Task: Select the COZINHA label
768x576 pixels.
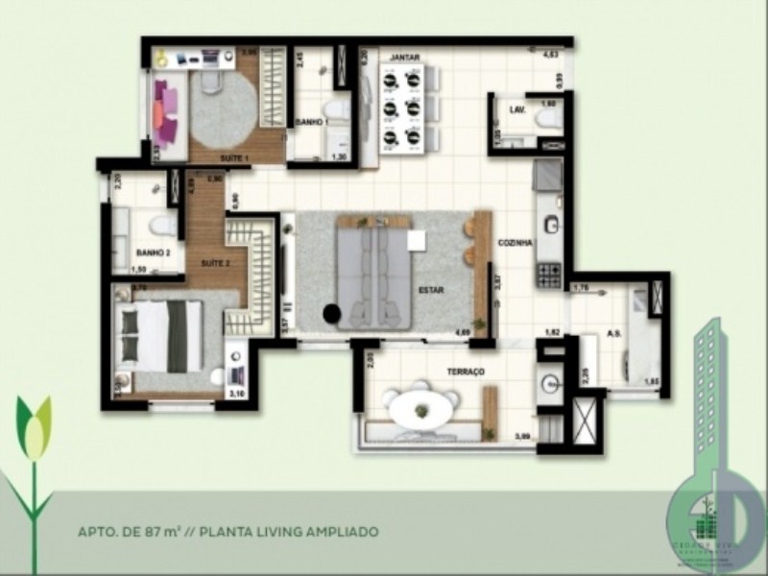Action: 515,244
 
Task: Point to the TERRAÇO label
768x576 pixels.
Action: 464,371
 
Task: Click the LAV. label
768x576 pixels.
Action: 516,110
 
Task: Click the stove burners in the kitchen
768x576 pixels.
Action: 549,276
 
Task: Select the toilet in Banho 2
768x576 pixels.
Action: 160,227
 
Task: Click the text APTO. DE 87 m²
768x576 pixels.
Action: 135,530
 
